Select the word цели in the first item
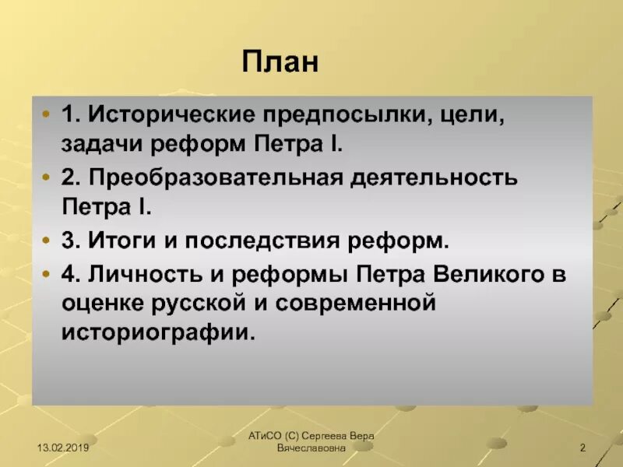477,115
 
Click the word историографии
158,333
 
